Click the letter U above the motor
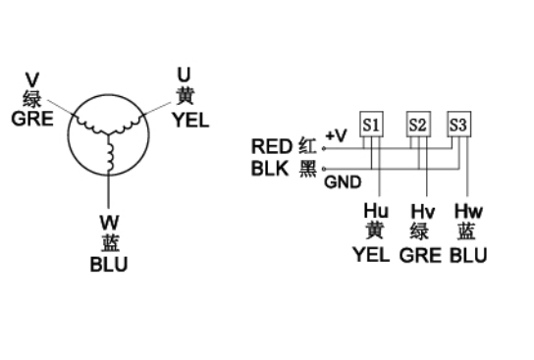click(x=184, y=75)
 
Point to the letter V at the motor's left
click(x=32, y=79)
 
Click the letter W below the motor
click(x=110, y=223)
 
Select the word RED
click(x=272, y=146)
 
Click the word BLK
click(x=270, y=168)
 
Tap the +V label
click(x=336, y=135)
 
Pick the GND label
click(x=343, y=182)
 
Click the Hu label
click(x=376, y=211)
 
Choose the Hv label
click(x=423, y=211)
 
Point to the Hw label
click(x=468, y=211)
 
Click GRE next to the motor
click(x=32, y=119)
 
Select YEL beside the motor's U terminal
click(x=190, y=120)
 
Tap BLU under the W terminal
click(x=109, y=265)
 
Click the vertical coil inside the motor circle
click(x=109, y=156)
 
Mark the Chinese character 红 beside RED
click(x=307, y=146)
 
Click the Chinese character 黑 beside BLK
click(x=307, y=168)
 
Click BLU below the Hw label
click(x=468, y=255)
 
